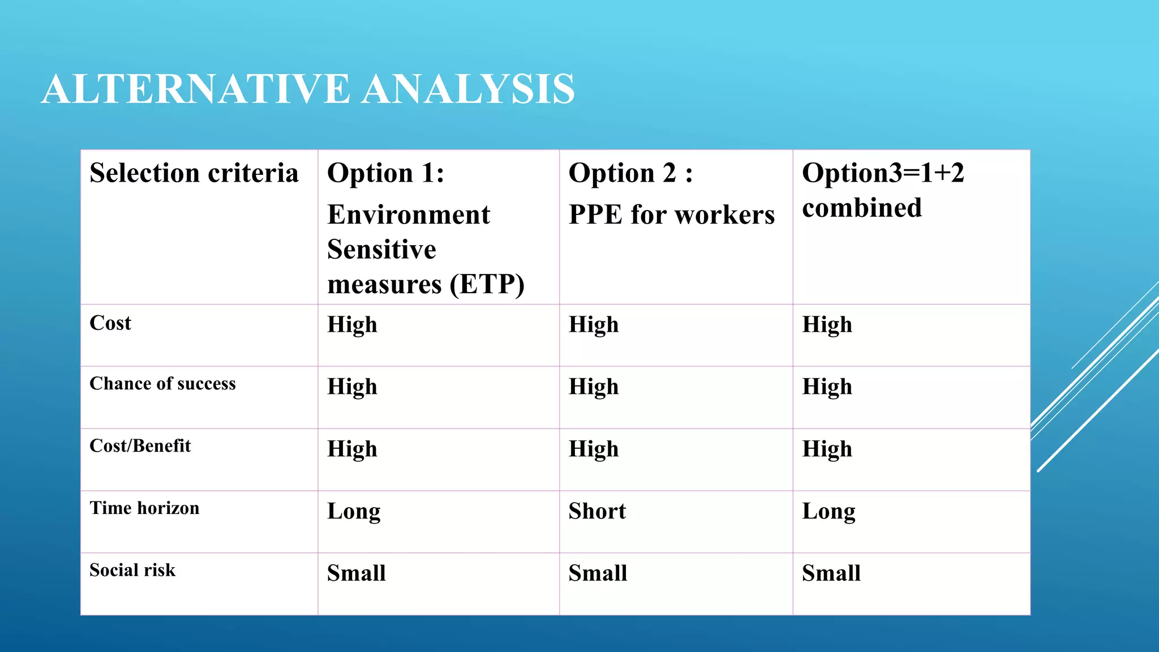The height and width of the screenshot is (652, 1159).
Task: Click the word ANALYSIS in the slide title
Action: click(468, 89)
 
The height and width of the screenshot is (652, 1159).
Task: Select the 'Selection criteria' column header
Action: click(194, 173)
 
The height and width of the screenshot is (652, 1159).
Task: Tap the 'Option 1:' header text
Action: click(386, 173)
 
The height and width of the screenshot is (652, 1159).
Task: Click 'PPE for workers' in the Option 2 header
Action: click(672, 215)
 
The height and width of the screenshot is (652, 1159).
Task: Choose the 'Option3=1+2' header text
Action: click(883, 173)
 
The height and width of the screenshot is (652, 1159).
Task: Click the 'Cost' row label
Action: click(110, 323)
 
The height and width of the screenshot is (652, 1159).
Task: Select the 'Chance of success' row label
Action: click(162, 384)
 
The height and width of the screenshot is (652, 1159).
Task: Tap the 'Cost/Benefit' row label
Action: click(140, 446)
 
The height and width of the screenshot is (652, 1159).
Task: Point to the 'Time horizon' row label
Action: click(144, 508)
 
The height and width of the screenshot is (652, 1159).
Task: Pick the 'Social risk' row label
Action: click(132, 570)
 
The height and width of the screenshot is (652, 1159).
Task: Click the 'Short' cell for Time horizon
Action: click(597, 511)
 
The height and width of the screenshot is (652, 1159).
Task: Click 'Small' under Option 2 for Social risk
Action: click(598, 573)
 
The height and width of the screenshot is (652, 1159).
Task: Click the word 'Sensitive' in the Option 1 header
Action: click(381, 250)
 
